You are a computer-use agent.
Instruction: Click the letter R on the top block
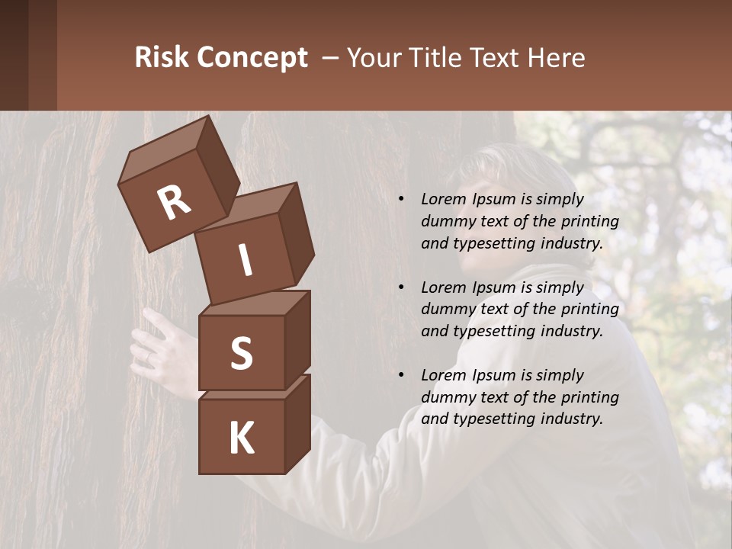(175, 202)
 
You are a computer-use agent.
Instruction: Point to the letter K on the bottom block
(241, 438)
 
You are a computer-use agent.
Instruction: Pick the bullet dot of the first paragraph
(402, 200)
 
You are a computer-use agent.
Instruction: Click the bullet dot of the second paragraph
(402, 287)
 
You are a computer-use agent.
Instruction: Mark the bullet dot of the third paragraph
(402, 375)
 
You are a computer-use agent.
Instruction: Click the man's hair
(503, 164)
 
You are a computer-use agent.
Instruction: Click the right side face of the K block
(297, 423)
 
